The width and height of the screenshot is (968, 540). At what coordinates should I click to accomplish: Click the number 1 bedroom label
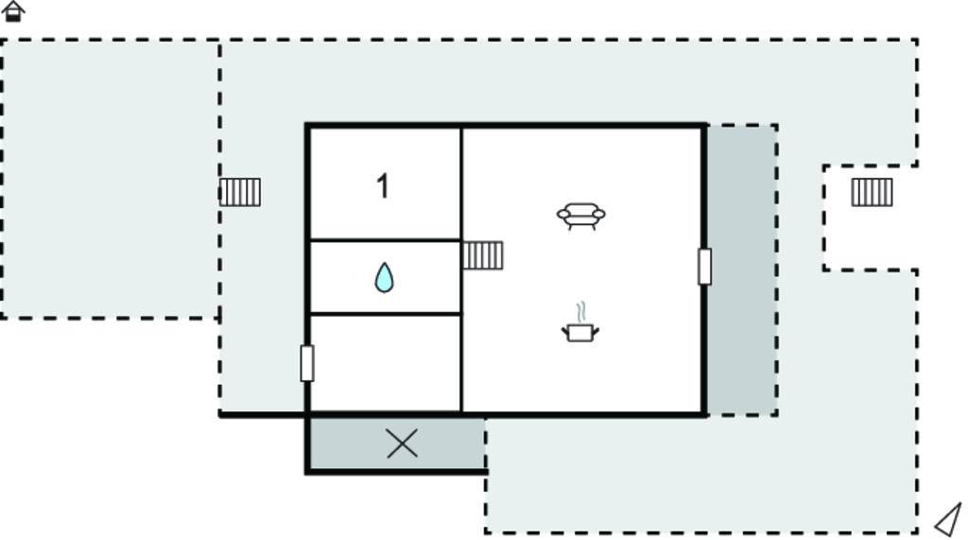click(x=383, y=186)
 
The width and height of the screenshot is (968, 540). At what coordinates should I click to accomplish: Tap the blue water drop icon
click(x=384, y=277)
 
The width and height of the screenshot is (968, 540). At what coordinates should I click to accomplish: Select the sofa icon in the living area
click(x=581, y=217)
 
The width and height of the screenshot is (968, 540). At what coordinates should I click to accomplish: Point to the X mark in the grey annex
click(x=402, y=444)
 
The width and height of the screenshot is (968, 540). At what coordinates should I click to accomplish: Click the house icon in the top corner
click(x=13, y=11)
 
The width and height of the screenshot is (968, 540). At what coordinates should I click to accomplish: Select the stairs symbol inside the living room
click(x=483, y=255)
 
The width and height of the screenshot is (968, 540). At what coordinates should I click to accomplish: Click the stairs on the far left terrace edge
click(x=240, y=192)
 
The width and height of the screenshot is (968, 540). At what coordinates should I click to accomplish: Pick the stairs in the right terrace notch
click(x=872, y=192)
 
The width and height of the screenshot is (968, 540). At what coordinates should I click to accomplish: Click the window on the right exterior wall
click(x=704, y=267)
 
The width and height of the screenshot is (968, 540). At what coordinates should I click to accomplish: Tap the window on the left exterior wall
click(x=307, y=363)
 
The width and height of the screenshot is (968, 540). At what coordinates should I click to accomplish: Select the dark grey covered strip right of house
click(x=742, y=270)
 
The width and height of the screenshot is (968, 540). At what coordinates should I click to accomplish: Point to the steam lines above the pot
click(x=581, y=312)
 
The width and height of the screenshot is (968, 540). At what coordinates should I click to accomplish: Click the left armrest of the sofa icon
click(x=563, y=215)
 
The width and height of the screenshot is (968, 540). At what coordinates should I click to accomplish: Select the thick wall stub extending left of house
click(x=263, y=414)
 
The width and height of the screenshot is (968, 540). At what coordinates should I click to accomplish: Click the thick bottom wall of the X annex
click(x=396, y=472)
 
